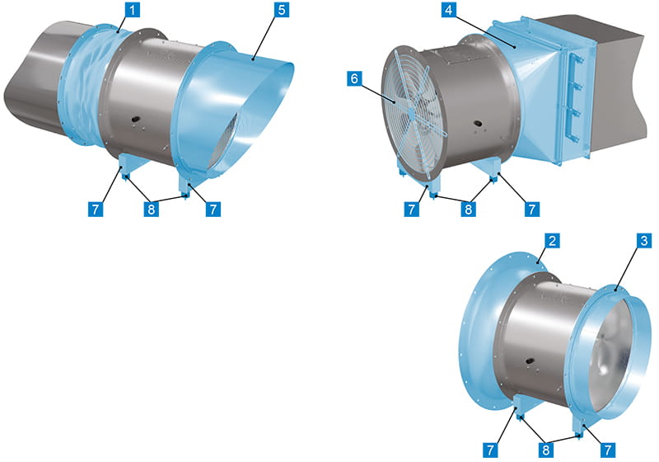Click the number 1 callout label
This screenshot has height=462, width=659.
[133, 10]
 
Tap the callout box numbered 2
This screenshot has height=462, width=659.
[552, 241]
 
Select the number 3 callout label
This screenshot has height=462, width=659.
[644, 241]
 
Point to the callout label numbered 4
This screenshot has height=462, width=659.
[449, 10]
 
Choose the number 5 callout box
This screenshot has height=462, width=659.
[282, 10]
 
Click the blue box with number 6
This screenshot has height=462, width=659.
[355, 78]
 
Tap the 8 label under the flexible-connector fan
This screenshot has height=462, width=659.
[152, 209]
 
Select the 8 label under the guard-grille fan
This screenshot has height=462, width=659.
[469, 209]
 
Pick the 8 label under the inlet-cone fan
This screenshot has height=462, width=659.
[545, 450]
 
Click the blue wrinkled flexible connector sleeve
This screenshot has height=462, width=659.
[86, 84]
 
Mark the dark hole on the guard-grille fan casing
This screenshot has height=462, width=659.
[478, 124]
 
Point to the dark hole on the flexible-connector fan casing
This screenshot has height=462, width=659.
[135, 120]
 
